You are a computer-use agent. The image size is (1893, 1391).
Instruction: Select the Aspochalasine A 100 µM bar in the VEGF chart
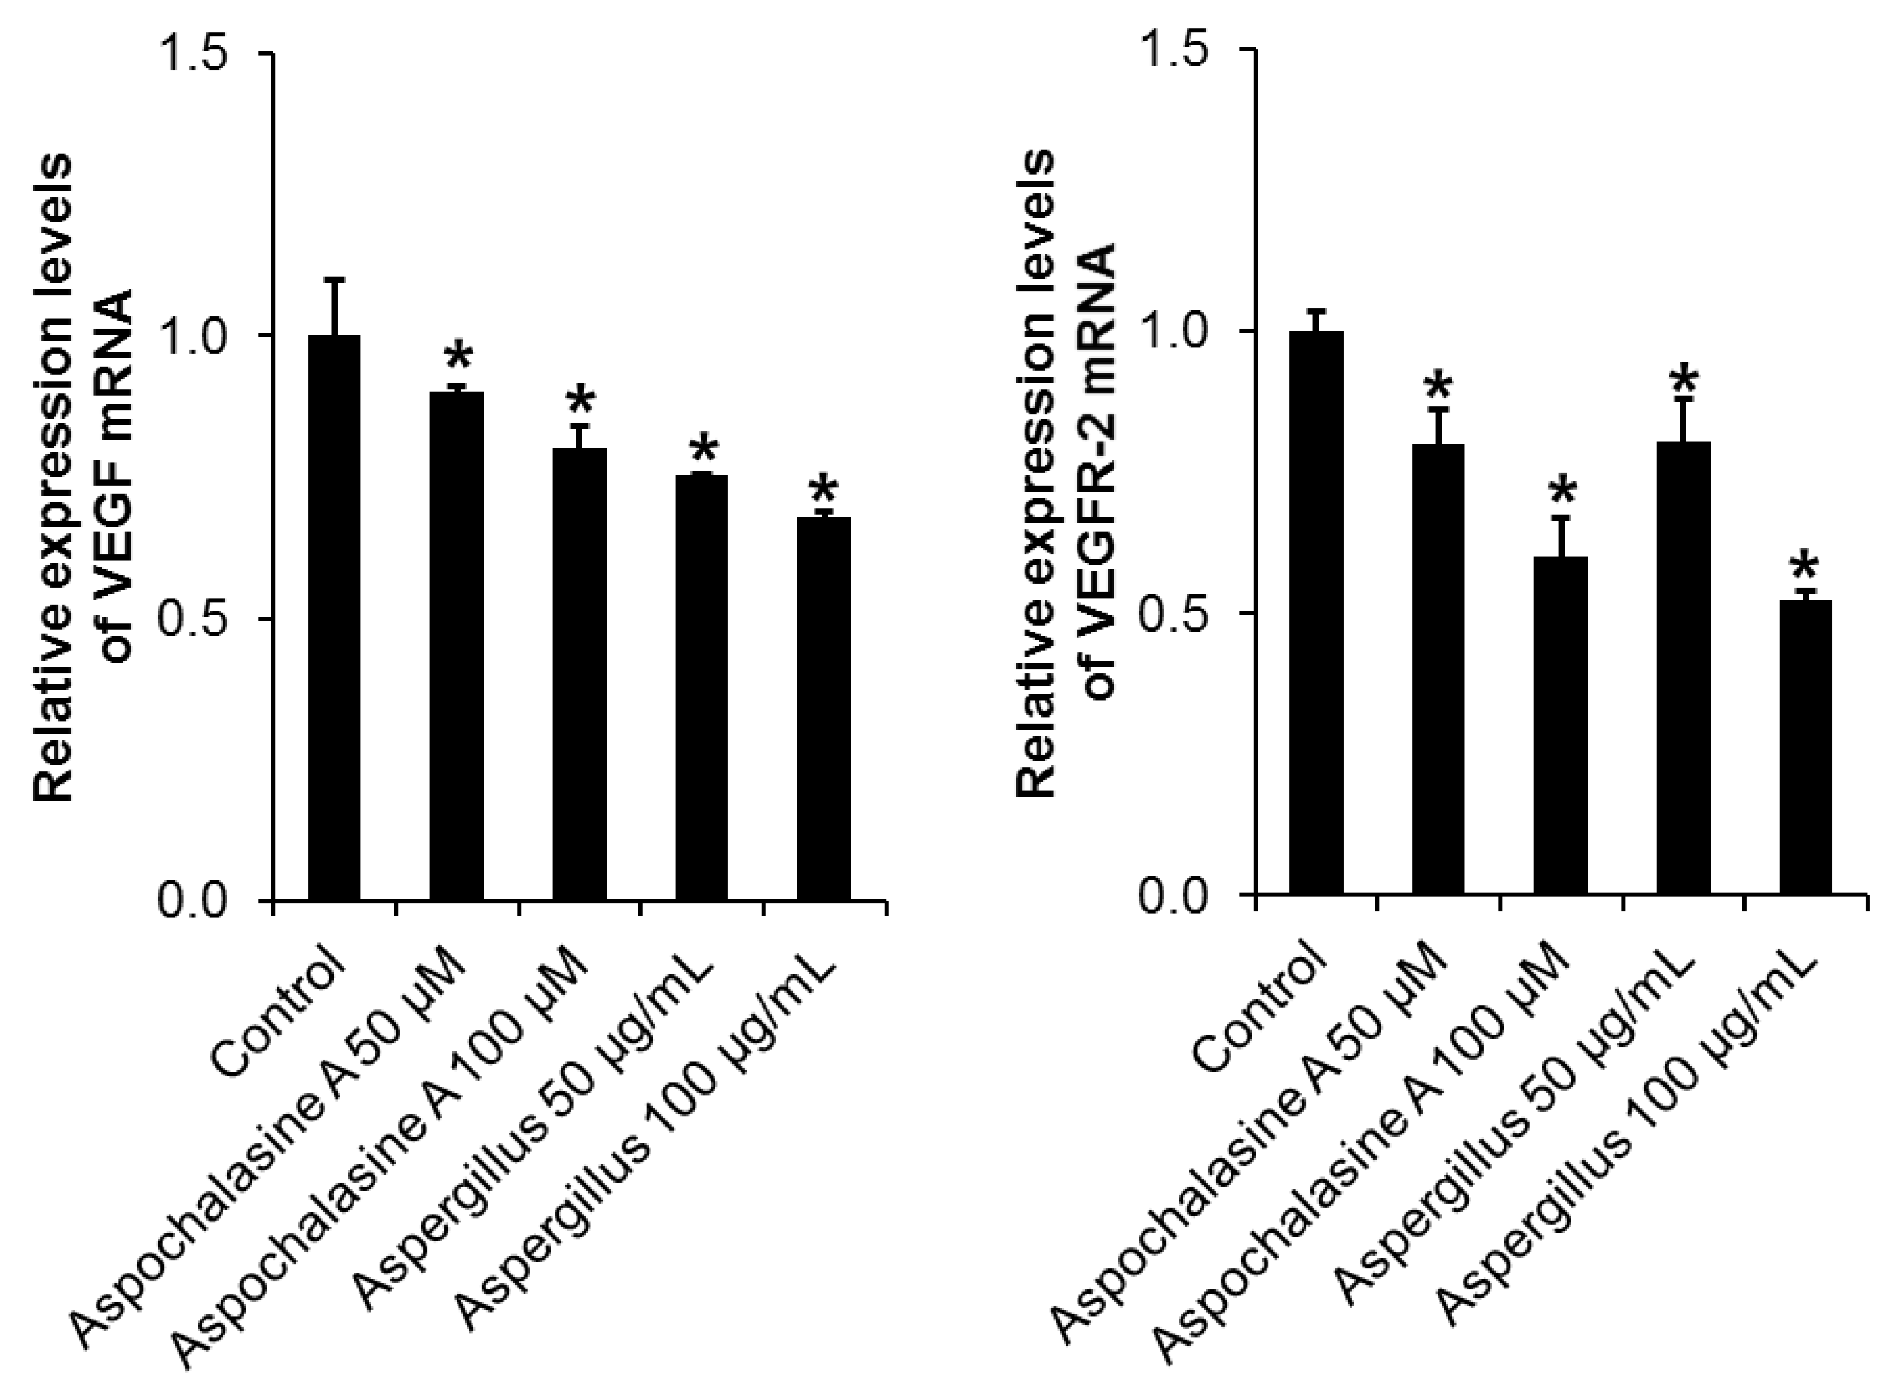click(x=579, y=673)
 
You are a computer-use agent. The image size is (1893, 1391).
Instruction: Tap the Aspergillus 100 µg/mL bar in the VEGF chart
click(x=823, y=708)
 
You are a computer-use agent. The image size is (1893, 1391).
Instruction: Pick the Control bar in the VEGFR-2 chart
click(x=1316, y=612)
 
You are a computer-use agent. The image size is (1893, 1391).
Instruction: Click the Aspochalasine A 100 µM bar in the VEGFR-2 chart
click(x=1561, y=724)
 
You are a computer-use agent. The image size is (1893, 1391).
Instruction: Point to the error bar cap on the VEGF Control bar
click(x=335, y=279)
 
